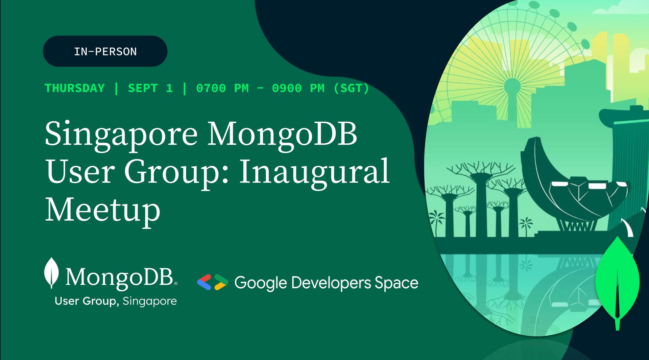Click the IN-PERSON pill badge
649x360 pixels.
point(105,51)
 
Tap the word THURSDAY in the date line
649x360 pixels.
point(75,88)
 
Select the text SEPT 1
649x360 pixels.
point(150,88)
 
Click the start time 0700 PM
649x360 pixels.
point(222,88)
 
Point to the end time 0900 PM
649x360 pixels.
point(298,88)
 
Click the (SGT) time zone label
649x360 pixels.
point(351,88)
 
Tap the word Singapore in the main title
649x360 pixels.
point(121,135)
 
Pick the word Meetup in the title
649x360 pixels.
point(102,210)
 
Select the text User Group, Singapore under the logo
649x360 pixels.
point(116,301)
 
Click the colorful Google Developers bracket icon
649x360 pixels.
point(213,282)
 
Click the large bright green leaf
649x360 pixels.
point(617,282)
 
